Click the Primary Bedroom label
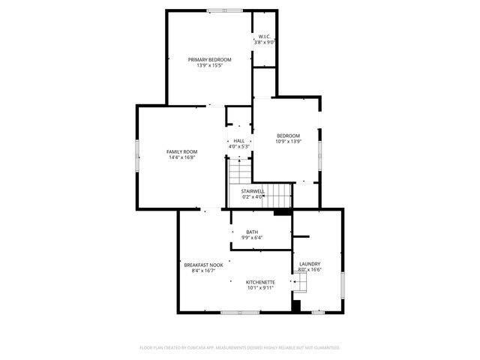click(x=209, y=59)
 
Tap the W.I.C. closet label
click(x=264, y=36)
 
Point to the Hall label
click(x=238, y=141)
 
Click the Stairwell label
click(x=252, y=191)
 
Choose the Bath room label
click(x=252, y=232)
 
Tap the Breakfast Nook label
click(x=203, y=265)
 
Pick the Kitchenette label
click(x=260, y=281)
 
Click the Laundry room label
click(x=310, y=264)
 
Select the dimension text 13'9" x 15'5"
click(x=209, y=65)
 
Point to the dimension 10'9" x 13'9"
click(x=288, y=142)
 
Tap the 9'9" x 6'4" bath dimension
click(x=252, y=238)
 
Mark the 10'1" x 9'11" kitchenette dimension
click(x=260, y=287)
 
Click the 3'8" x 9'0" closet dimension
click(x=264, y=42)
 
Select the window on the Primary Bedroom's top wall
click(x=225, y=10)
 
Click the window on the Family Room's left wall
click(x=136, y=158)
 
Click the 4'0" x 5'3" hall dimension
click(x=238, y=147)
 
